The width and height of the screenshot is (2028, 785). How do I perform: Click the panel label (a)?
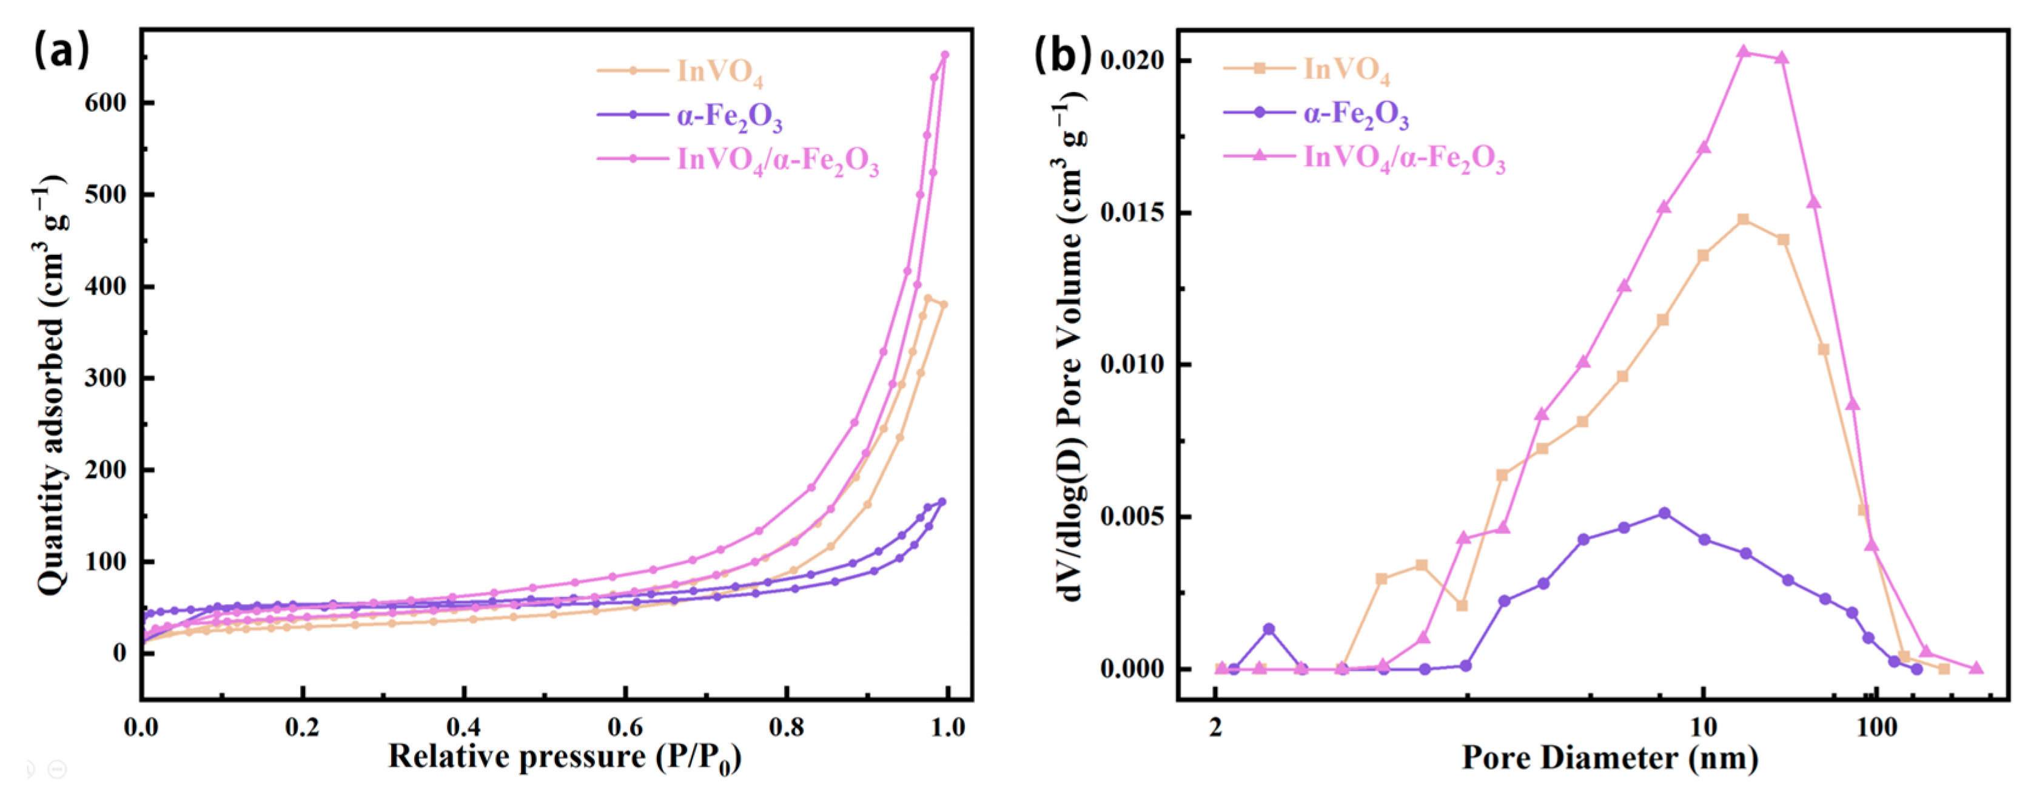pos(61,50)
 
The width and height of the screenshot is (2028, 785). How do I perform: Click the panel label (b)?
pos(1062,53)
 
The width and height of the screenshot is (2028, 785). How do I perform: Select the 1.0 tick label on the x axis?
pos(948,727)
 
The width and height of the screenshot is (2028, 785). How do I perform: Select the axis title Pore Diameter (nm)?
pos(1610,758)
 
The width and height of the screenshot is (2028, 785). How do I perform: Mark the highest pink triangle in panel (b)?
pos(1743,52)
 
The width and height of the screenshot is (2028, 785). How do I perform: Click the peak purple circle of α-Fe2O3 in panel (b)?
pos(1664,513)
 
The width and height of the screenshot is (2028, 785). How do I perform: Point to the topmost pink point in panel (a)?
pos(945,55)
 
